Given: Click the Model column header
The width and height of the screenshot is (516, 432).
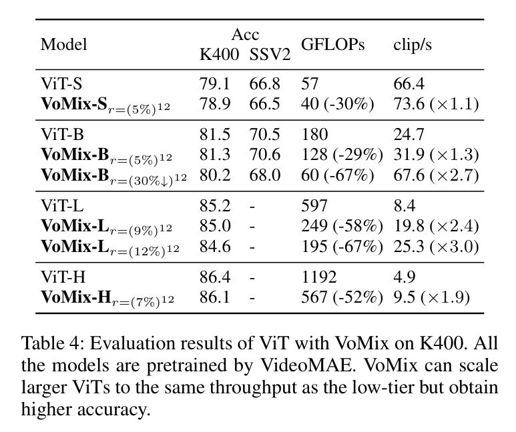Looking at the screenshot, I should click(x=64, y=45).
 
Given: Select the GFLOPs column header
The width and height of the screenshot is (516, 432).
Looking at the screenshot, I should click(x=333, y=45).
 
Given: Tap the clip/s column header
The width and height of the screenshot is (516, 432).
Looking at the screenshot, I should click(x=411, y=45).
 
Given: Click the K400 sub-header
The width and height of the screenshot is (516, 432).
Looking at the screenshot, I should click(x=219, y=55).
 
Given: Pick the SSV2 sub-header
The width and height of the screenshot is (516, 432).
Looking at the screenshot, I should click(x=270, y=55).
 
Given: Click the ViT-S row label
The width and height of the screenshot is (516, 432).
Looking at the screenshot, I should click(x=61, y=85).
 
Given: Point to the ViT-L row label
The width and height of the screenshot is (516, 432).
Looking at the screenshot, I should click(x=61, y=207).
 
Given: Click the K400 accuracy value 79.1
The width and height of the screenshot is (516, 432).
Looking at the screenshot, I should click(x=214, y=85).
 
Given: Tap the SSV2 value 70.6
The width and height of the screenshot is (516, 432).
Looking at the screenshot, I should click(x=265, y=155).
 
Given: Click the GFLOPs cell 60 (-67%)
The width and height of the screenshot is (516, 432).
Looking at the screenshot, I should click(x=337, y=176).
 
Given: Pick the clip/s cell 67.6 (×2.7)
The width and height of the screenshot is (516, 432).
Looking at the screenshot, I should click(x=436, y=176).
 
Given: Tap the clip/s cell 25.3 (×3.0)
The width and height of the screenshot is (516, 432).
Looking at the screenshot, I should click(x=436, y=247).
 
